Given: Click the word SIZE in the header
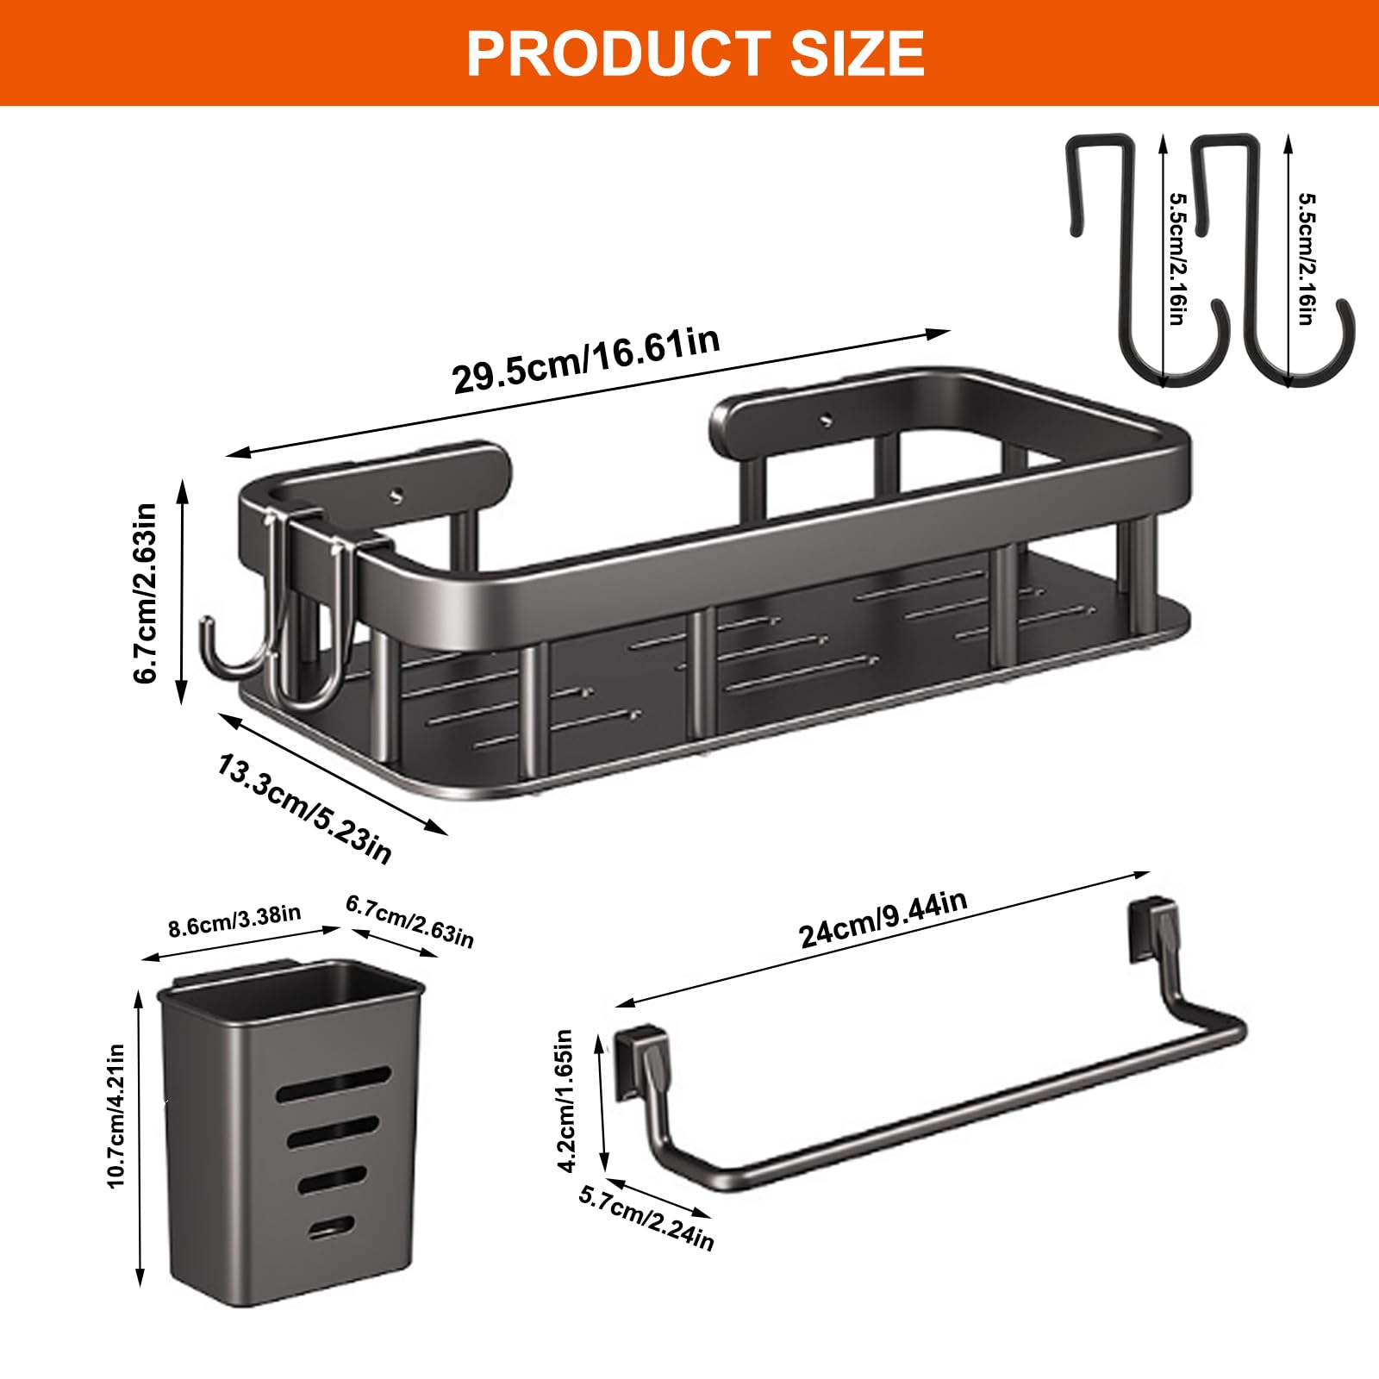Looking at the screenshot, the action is (858, 53).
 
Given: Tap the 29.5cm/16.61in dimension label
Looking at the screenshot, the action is (586, 360).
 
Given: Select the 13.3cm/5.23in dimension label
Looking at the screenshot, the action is (304, 808).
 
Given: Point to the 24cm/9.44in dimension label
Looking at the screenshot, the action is (883, 919).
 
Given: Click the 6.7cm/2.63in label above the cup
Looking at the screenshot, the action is (410, 920).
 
